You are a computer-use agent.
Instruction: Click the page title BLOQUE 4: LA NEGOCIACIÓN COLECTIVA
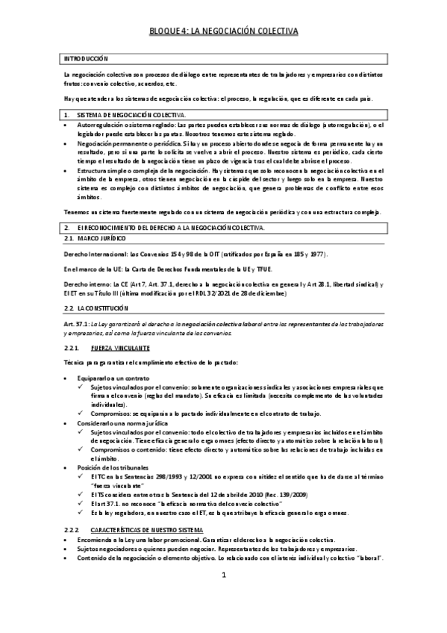coord(222,31)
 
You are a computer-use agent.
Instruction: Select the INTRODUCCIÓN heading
coord(86,58)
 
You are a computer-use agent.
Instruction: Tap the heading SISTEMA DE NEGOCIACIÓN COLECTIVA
coord(130,115)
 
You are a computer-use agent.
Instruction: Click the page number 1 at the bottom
coord(223,596)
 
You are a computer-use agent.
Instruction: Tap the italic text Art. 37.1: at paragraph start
coord(78,322)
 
